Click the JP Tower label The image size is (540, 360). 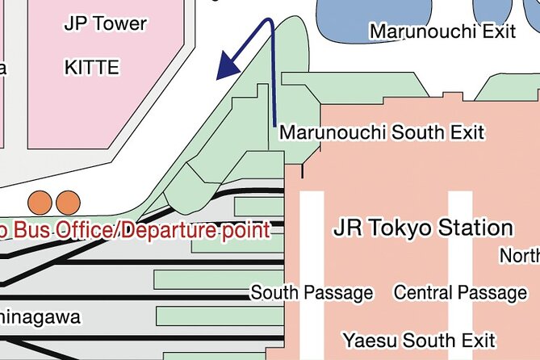[106, 23]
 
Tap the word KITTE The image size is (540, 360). [91, 68]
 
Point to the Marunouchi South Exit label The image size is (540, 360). [381, 132]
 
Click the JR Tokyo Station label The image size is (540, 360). [423, 228]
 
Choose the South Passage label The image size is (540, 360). [312, 292]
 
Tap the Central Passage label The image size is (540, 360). [459, 292]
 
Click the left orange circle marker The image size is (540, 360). [40, 201]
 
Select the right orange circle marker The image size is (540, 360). [69, 201]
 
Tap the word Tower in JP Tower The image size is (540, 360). [120, 23]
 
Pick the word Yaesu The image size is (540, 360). [366, 339]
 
